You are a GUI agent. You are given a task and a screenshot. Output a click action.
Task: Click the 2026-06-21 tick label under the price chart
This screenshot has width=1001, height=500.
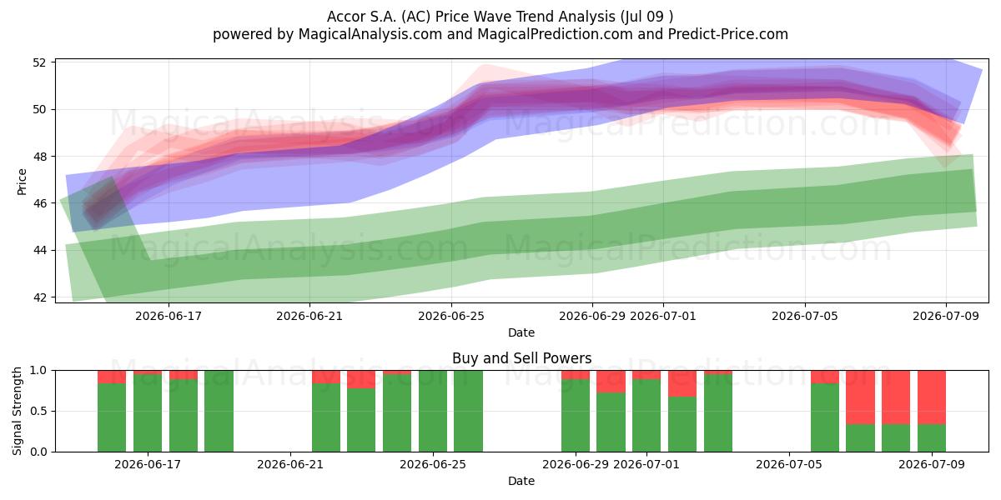click(309, 316)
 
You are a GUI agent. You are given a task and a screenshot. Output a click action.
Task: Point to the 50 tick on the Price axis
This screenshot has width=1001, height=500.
click(39, 109)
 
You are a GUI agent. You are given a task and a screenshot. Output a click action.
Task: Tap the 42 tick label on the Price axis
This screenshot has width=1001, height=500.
click(39, 297)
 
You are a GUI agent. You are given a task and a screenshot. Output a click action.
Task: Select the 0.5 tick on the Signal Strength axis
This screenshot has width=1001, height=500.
click(38, 411)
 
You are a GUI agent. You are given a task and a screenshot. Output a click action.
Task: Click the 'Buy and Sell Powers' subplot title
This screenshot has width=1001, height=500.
click(521, 358)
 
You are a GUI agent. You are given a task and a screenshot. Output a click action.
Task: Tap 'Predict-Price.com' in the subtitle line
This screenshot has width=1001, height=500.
click(728, 34)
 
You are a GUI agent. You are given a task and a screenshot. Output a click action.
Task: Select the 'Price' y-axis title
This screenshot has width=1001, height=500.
click(22, 182)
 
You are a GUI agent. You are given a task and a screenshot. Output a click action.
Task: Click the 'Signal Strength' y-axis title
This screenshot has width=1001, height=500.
click(17, 411)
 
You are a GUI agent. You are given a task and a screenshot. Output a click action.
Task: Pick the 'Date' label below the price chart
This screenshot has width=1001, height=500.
click(521, 332)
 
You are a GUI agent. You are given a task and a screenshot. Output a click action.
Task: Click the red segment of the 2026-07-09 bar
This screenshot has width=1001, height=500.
click(932, 397)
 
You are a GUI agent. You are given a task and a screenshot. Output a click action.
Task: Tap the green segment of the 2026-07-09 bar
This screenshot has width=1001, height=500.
click(932, 438)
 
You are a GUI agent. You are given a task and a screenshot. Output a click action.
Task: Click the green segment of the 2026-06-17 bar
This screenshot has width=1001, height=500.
click(148, 413)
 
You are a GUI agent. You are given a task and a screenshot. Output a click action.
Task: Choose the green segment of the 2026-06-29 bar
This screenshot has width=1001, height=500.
click(576, 416)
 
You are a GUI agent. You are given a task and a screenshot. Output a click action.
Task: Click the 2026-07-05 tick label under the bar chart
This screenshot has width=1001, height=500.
click(789, 465)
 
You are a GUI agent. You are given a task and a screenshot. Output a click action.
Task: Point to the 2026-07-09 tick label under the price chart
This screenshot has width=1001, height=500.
click(946, 316)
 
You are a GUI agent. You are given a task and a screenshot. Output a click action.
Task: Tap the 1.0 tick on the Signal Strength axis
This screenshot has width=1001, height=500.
click(38, 371)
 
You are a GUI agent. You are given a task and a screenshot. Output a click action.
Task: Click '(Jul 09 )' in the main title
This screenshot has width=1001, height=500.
click(646, 17)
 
